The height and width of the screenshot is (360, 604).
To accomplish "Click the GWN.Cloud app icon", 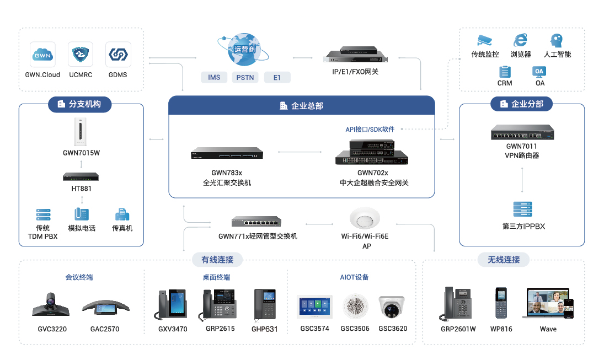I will [x=42, y=55].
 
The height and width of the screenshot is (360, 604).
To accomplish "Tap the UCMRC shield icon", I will [x=81, y=55].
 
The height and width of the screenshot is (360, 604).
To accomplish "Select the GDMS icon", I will [x=118, y=55].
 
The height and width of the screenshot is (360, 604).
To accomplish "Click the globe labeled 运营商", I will [x=245, y=49].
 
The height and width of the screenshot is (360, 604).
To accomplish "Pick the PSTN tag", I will [x=245, y=77].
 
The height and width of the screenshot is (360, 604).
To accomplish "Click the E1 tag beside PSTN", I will [x=277, y=77].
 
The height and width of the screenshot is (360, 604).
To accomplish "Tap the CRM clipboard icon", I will [x=504, y=72].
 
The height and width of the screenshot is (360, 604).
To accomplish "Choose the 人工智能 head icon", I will [x=556, y=40].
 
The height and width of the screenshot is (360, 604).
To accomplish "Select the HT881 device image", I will [x=81, y=177].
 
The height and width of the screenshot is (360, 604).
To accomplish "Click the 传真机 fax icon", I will [x=122, y=214].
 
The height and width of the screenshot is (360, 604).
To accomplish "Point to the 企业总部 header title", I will [x=301, y=106].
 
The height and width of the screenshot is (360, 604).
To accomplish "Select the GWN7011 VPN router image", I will [x=522, y=132].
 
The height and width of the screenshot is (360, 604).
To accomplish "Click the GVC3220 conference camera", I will [x=51, y=304].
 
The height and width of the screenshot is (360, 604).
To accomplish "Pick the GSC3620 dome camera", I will [x=392, y=307].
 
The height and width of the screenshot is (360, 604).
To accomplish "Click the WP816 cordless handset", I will [x=501, y=303].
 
